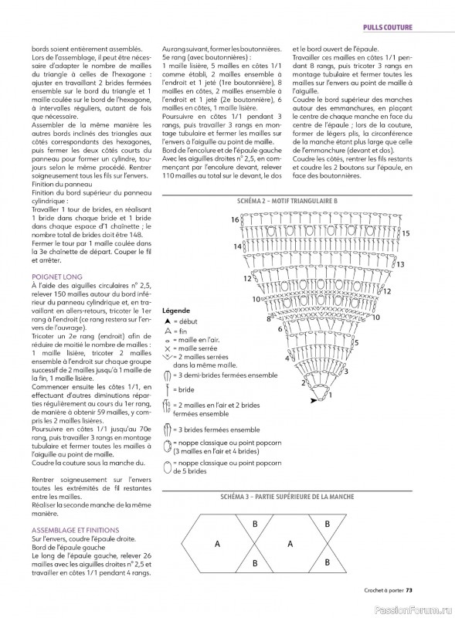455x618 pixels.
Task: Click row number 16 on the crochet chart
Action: (x=235, y=220)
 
